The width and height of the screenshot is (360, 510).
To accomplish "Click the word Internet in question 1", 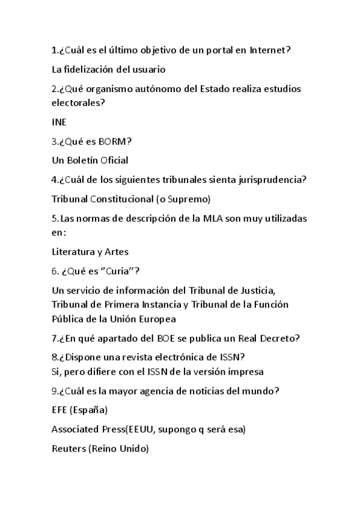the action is coord(269,50).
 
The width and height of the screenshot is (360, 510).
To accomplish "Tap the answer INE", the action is coord(59,121).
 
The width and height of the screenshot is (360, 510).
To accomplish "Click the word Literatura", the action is coord(73,251).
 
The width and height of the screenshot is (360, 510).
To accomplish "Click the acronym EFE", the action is coord(60,410).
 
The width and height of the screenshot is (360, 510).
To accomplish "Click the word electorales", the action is coord(78,102).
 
